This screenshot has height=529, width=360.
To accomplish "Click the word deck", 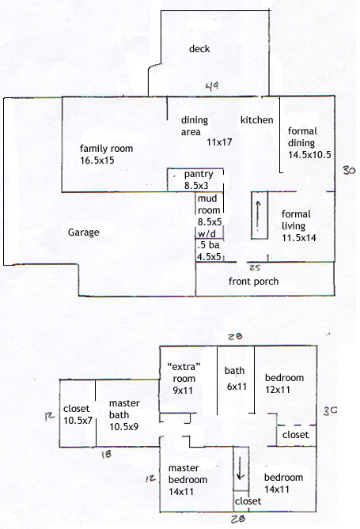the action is (199, 49).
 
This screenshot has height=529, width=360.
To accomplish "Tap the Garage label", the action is (83, 232).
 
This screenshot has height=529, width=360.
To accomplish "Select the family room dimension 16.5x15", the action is (97, 161).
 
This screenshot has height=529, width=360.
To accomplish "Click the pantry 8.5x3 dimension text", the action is (196, 185).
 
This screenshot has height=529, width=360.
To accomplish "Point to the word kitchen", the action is (256, 120).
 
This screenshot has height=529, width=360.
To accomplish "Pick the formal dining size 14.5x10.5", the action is (309, 155).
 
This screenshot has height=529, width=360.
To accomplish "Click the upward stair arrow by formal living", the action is (259, 215).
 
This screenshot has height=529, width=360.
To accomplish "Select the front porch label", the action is (254, 282).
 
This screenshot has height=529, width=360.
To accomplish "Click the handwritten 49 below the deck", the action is (212, 86).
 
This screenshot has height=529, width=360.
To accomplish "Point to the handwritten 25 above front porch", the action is (254, 268).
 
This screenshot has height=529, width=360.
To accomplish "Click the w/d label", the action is (207, 233).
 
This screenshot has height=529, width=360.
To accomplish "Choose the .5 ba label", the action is (208, 245).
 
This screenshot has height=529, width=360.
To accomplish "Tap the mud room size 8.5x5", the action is (210, 222).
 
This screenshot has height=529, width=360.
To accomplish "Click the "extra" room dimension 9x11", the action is (183, 391).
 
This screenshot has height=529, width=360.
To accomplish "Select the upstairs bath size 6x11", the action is (237, 387).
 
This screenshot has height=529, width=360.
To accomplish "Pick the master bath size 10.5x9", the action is (123, 427).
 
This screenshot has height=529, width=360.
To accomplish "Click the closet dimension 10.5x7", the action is (78, 421).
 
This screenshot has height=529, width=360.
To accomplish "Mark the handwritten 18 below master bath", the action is (106, 455).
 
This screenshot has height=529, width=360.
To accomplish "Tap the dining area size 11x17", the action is (219, 142).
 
